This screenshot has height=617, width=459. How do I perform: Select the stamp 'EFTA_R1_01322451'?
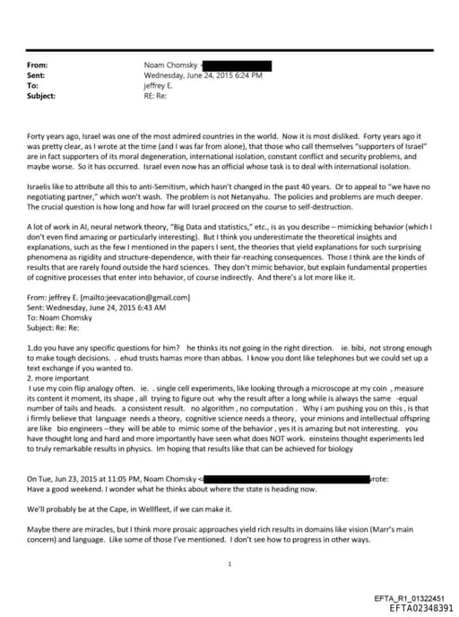pyautogui.click(x=409, y=596)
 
